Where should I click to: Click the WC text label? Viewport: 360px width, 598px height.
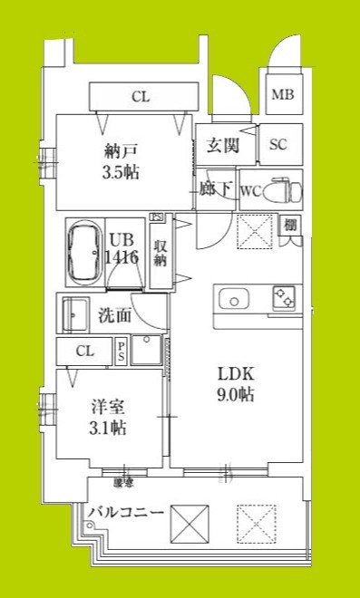pos(251,190)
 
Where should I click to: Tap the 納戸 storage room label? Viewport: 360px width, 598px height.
pos(120,151)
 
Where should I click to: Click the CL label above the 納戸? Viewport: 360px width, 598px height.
pos(141,96)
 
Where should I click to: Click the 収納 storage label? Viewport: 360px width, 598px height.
pos(161,254)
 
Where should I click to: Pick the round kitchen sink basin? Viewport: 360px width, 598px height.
pos(232,300)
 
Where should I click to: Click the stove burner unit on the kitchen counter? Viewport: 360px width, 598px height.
pos(284,297)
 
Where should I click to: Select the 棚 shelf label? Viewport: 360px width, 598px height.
pos(290,224)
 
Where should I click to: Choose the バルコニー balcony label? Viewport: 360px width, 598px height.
pos(126,513)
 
